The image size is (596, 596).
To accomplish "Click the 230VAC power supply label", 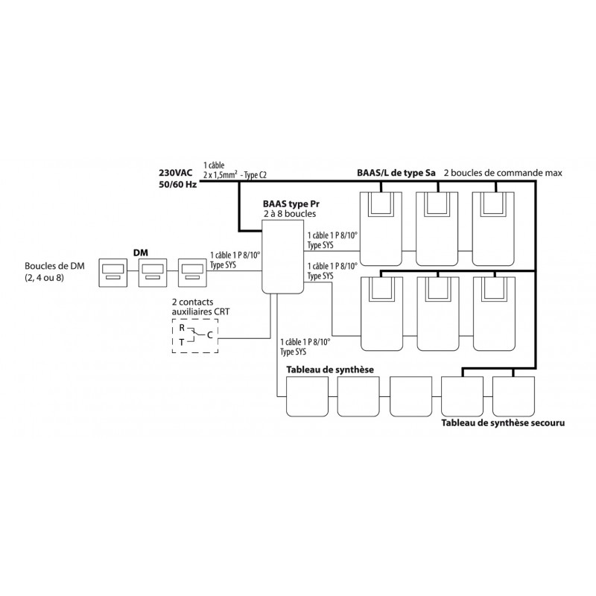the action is [176, 173].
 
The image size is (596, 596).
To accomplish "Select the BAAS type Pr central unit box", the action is [283, 256].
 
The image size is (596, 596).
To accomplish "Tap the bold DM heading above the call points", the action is [141, 253].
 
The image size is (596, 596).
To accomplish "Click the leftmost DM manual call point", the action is [113, 273].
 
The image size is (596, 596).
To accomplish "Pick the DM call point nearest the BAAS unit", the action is [193, 273].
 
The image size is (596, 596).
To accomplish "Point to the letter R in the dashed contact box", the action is [182, 328].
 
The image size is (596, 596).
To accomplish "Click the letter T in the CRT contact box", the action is [182, 343].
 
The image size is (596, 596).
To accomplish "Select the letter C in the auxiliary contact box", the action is [209, 335].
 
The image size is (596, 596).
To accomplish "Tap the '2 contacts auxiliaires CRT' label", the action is [200, 307].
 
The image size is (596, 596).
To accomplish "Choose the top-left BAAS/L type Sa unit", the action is [381, 229].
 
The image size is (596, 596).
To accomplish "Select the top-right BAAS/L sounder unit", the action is [493, 229].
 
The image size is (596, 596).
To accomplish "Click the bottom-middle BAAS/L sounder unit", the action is [438, 314].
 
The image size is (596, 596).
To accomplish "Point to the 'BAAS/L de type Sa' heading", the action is [396, 173].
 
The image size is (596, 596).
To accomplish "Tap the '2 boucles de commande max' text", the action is [503, 173].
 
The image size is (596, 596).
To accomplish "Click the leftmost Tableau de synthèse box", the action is [307, 396].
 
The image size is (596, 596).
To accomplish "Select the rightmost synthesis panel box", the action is [513, 396].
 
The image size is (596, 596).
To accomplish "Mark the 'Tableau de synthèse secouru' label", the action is [503, 422].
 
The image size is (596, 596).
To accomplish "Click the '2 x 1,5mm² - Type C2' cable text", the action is [235, 175].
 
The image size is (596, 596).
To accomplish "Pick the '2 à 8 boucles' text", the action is [290, 214].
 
